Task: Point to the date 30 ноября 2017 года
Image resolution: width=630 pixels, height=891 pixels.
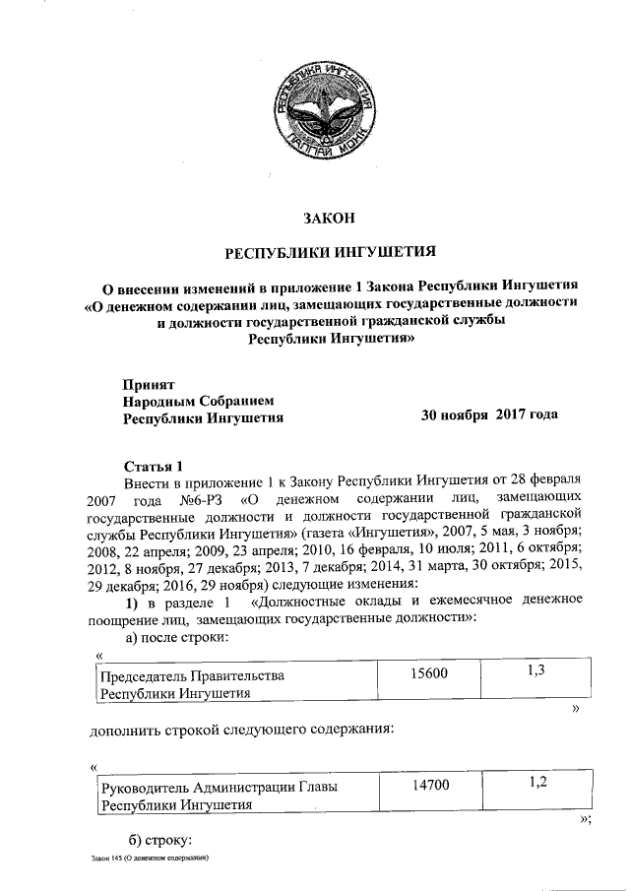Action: coord(489,414)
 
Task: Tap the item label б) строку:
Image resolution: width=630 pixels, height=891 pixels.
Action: coord(159,840)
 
